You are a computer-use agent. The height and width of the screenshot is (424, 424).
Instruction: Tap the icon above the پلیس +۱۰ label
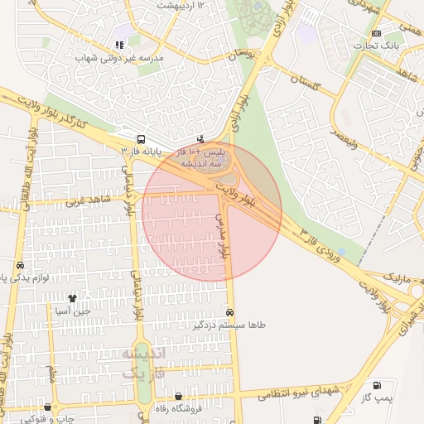[x=200, y=139]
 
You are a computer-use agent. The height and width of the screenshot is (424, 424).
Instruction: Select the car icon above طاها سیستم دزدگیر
[x=229, y=313]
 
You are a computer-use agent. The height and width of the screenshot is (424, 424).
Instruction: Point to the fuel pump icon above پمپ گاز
[x=378, y=385]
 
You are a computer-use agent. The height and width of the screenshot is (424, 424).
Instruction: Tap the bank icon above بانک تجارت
[x=378, y=33]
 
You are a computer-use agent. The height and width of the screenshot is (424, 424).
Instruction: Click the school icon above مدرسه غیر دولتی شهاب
[x=121, y=45]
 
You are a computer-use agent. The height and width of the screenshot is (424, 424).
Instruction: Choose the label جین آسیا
[x=71, y=311]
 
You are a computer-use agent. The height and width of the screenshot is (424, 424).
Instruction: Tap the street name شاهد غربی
[x=90, y=201]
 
